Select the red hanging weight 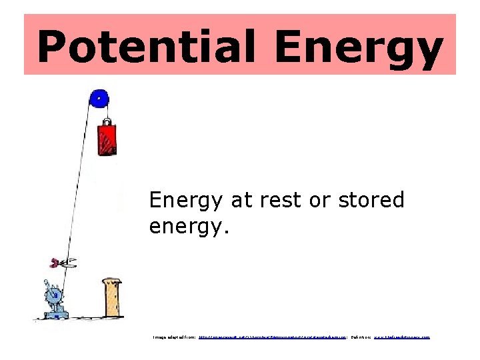tap(107, 139)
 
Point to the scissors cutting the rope tap(62, 263)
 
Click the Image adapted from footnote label tap(174, 337)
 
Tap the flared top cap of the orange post tap(111, 282)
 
